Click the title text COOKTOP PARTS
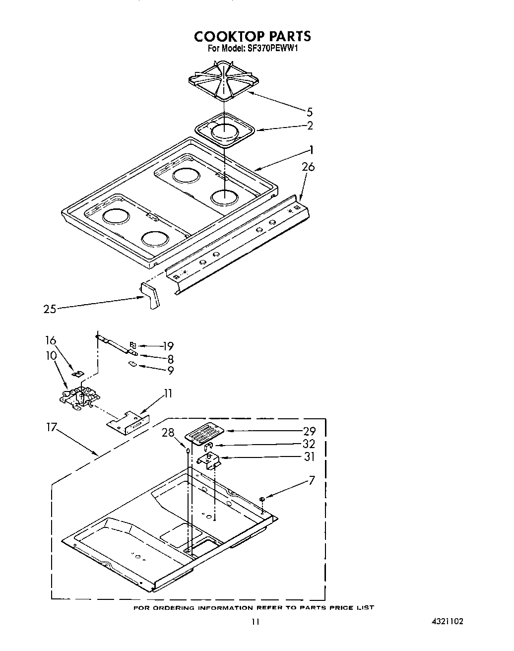[252, 36]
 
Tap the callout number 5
[310, 112]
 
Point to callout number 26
[308, 167]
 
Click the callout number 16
[51, 340]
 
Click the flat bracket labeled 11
[128, 421]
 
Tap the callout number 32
[309, 444]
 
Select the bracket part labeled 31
[210, 460]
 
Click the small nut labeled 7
[262, 499]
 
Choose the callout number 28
[169, 433]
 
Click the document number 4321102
[447, 621]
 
